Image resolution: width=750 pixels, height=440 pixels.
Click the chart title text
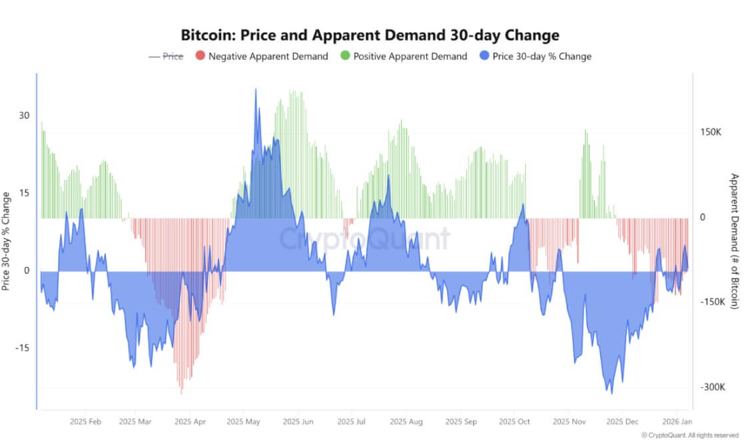coord(370,35)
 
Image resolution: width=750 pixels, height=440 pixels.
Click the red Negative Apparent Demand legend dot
coord(199,57)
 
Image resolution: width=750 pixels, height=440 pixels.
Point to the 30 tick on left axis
coord(24,115)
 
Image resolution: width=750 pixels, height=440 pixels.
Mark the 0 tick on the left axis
coord(27,271)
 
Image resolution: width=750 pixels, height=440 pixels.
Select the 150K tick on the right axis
coord(711,132)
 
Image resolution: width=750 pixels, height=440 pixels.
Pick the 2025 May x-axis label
coord(243,422)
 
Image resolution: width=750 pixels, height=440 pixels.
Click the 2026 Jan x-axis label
coord(677,422)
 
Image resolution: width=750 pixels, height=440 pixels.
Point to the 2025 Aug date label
coord(406,422)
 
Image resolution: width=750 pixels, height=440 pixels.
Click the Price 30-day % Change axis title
coord(6,241)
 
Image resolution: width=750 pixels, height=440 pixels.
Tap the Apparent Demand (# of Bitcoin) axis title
coord(735,241)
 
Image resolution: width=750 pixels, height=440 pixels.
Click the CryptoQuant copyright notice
coord(689,435)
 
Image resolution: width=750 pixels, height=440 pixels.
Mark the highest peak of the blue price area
coord(256,89)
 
